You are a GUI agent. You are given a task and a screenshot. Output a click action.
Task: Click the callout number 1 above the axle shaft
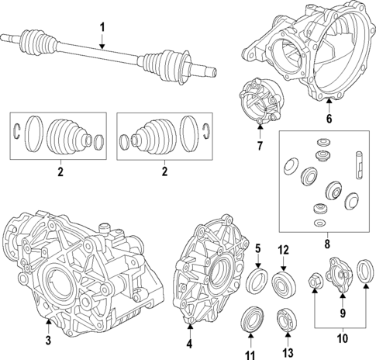pyautogui.click(x=102, y=28)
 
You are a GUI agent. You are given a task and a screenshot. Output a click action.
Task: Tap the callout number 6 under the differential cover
pyautogui.click(x=329, y=119)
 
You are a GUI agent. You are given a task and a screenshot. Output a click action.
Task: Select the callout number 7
pyautogui.click(x=260, y=146)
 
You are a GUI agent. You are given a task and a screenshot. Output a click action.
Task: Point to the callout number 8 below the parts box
pyautogui.click(x=327, y=244)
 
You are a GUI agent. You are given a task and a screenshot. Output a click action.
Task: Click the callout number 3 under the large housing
pyautogui.click(x=48, y=341)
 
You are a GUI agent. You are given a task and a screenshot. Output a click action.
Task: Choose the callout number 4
pyautogui.click(x=189, y=344)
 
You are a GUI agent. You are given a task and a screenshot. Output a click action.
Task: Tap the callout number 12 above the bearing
pyautogui.click(x=283, y=250)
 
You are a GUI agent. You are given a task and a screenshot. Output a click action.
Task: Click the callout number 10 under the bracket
pyautogui.click(x=343, y=338)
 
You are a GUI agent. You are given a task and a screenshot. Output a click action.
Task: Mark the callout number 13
pyautogui.click(x=288, y=352)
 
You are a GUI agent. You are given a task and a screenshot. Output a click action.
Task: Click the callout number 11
pyautogui.click(x=250, y=355)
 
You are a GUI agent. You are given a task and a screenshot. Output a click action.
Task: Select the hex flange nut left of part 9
pyautogui.click(x=314, y=281)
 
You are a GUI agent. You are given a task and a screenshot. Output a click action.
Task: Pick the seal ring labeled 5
pyautogui.click(x=257, y=281)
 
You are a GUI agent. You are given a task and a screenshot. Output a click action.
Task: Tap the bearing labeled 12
pyautogui.click(x=284, y=284)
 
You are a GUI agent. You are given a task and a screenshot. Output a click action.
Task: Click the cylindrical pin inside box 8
pyautogui.click(x=359, y=164)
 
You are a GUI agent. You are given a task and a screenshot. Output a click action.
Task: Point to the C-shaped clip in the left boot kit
pyautogui.click(x=16, y=131)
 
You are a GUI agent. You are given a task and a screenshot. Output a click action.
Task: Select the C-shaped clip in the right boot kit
pyautogui.click(x=206, y=131)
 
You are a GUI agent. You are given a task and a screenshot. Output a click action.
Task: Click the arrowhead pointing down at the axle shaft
pyautogui.click(x=102, y=47)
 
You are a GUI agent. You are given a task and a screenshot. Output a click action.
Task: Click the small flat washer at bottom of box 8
pyautogui.click(x=319, y=223)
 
